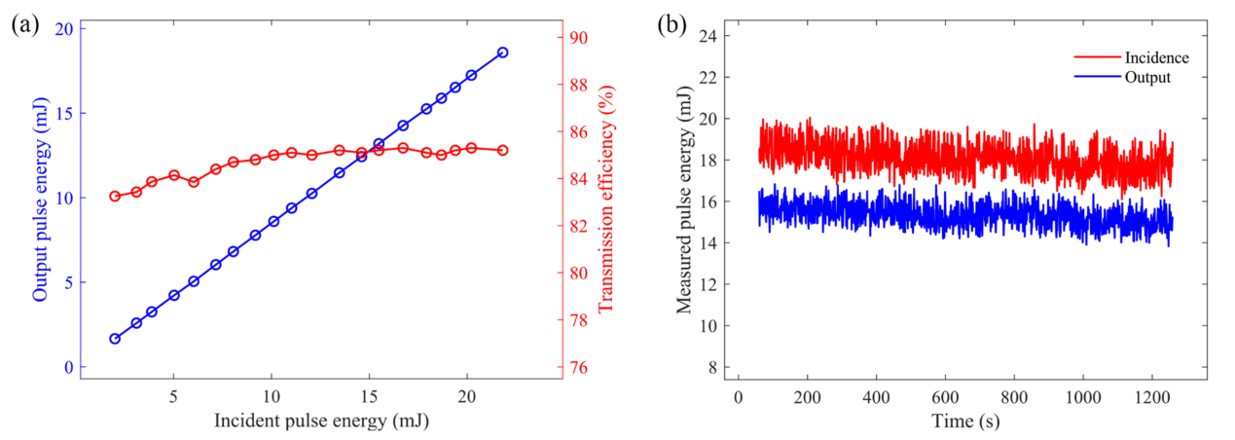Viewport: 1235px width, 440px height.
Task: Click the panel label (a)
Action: (x=24, y=26)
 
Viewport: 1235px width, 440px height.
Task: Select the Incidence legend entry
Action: (x=1156, y=58)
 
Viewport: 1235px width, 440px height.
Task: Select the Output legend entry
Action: (x=1149, y=76)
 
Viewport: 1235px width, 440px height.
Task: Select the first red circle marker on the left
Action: (x=115, y=196)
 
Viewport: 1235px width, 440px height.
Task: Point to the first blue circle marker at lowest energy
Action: (x=115, y=339)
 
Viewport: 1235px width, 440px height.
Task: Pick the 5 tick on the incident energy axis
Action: (x=174, y=397)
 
